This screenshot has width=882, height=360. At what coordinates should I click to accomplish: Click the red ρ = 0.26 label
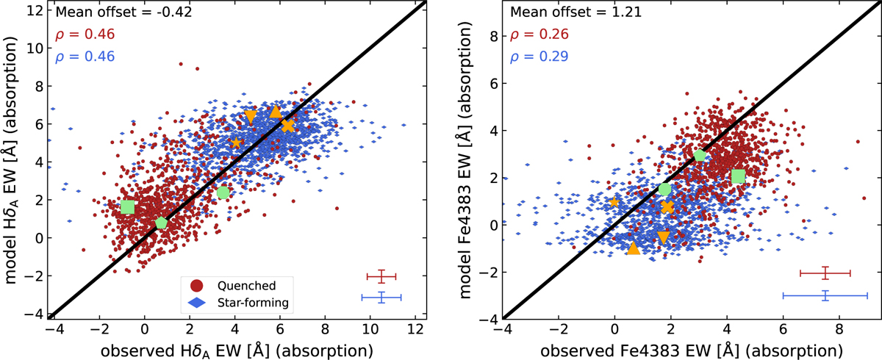pos(531,34)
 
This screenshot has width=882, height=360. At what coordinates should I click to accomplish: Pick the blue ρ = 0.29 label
pos(531,56)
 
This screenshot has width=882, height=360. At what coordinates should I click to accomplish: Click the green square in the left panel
pos(128,207)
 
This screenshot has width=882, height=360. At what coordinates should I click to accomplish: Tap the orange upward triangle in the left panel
pos(276,112)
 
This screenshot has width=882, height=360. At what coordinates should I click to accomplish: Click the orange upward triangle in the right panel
pos(634,248)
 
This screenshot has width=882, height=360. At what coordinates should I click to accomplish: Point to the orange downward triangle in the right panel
pos(663,237)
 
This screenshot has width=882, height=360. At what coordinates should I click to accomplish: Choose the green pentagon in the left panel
pos(162,223)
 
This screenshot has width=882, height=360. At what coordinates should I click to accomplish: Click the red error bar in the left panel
pos(381,276)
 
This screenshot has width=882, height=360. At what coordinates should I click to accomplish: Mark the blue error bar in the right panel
pos(825,295)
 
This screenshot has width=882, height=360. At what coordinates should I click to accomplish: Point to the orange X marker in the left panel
pos(287,126)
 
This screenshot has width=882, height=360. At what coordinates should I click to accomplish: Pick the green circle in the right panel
pos(665,190)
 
